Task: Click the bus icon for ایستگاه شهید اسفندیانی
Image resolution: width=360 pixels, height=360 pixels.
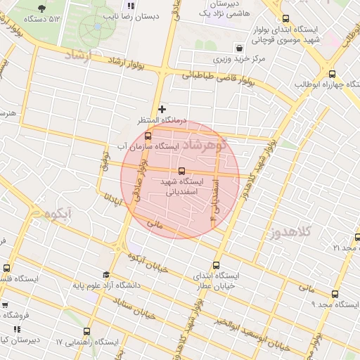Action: point(182,171)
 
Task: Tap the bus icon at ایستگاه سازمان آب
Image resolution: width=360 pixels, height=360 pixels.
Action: point(148,136)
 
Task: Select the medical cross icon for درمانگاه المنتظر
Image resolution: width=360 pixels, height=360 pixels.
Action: point(162,109)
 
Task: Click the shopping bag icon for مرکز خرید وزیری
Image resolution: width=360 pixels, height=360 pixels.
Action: point(241,49)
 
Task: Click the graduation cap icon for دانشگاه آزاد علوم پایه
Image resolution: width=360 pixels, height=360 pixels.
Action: point(106,275)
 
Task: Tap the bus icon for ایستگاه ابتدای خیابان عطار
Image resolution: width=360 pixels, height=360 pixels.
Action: point(215,266)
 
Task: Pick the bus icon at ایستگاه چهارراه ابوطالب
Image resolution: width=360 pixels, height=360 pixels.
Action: point(332,74)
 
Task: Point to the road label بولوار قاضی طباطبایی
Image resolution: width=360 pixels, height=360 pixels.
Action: point(210,78)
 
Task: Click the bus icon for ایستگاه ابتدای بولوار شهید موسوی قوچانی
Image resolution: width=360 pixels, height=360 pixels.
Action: point(285,20)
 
